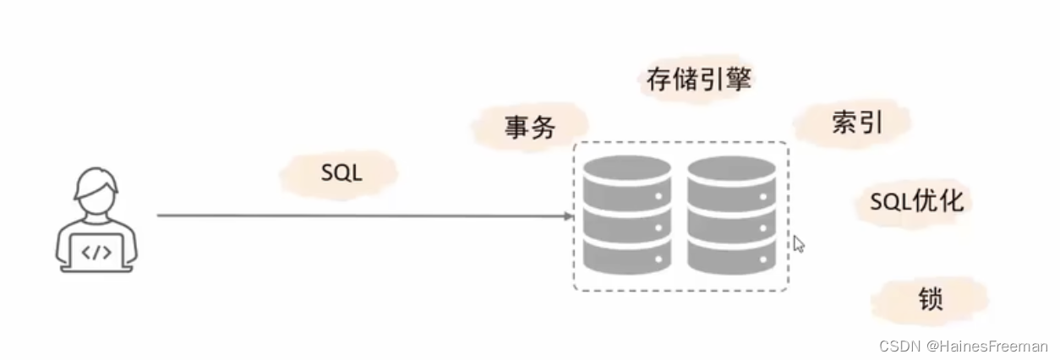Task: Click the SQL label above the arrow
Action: coord(341,174)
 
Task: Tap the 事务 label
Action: coord(530,128)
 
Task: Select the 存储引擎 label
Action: coord(698,80)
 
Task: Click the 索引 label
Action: coord(856,123)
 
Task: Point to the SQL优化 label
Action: coord(916,201)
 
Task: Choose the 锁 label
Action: coord(930,300)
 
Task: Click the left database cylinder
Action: coord(627,215)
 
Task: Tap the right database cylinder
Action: coord(731,215)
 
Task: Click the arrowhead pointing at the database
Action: coord(569,216)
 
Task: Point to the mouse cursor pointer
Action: coord(798,243)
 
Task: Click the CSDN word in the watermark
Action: coord(899,346)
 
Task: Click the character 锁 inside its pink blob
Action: coord(930,300)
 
